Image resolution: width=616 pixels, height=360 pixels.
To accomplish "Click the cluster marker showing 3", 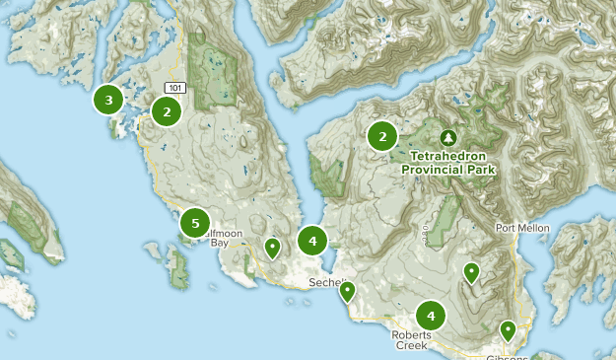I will click(108, 100).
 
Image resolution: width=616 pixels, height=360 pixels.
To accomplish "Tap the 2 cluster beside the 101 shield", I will click(167, 111).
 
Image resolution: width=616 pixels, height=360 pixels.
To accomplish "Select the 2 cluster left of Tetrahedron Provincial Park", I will click(382, 137).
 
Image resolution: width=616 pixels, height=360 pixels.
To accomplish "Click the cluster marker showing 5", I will click(195, 223).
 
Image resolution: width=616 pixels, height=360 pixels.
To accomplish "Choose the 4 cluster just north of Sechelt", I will click(312, 240).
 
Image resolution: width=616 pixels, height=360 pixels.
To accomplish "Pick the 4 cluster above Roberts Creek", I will click(431, 316).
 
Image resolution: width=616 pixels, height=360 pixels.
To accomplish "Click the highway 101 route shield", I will click(174, 88).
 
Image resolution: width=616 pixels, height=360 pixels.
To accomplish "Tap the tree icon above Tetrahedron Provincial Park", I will click(449, 137).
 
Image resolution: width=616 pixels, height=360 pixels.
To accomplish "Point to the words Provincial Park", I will click(449, 170).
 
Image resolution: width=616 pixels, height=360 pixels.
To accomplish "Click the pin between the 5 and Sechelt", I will click(272, 247).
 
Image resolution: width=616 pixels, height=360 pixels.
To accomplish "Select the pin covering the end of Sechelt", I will click(347, 290).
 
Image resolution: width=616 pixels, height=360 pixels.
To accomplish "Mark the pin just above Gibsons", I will click(508, 329).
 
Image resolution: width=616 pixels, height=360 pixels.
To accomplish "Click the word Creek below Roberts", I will click(412, 346).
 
